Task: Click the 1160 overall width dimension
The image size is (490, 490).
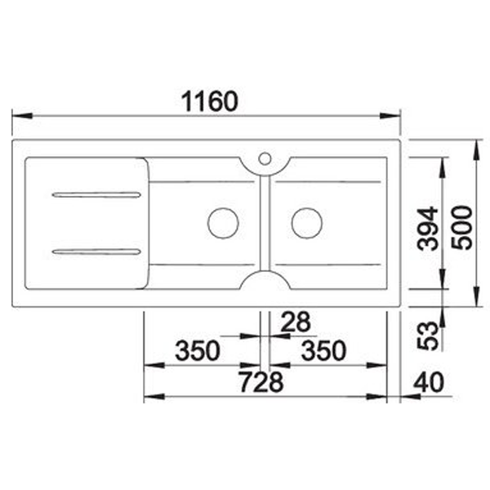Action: [x=210, y=101]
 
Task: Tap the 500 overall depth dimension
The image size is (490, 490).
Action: [x=462, y=228]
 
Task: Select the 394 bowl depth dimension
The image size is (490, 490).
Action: [x=427, y=229]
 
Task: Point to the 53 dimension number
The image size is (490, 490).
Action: [x=427, y=336]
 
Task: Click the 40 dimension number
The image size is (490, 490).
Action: [x=428, y=382]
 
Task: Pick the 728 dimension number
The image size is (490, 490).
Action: [x=261, y=382]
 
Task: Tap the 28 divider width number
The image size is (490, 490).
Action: [x=296, y=322]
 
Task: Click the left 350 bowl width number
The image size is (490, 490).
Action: [x=198, y=350]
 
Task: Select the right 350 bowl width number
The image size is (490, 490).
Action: [x=323, y=350]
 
